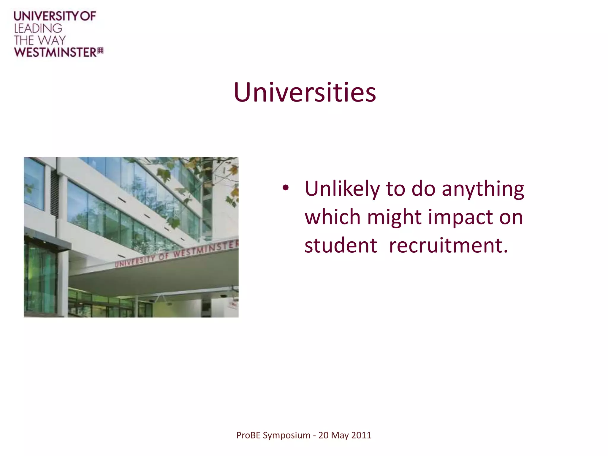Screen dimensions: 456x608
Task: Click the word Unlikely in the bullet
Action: (x=342, y=189)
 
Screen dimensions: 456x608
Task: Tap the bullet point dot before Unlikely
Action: (x=285, y=188)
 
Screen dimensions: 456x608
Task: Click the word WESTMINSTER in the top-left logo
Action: (x=55, y=52)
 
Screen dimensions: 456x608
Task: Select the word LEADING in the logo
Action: (x=38, y=28)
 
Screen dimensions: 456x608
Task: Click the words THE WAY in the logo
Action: (x=39, y=40)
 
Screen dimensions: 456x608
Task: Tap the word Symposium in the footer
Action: (x=286, y=436)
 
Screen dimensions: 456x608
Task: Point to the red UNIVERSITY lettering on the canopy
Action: (x=135, y=260)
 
